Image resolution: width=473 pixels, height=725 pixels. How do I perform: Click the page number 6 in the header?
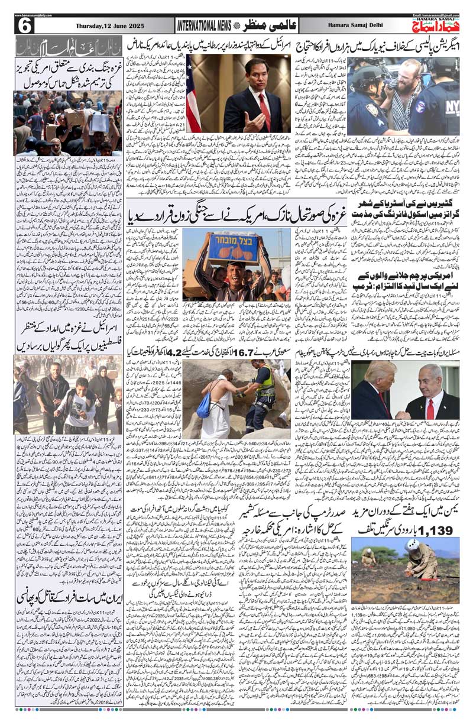25,25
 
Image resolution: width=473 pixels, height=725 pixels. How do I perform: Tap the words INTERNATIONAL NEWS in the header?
205,25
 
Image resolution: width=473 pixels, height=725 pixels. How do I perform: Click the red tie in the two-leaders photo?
430,407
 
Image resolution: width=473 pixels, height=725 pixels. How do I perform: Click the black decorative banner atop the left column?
68,46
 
